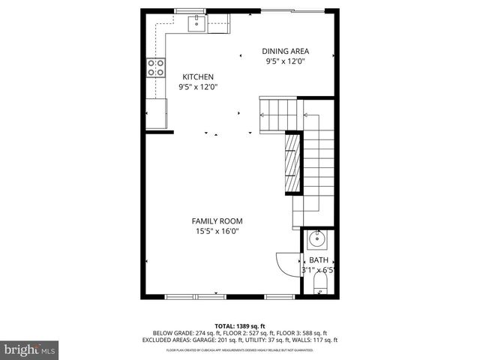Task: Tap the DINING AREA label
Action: [285, 51]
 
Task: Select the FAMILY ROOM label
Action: [217, 220]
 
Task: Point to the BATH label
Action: [319, 260]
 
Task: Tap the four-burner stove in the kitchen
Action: [155, 68]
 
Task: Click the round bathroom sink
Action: [316, 241]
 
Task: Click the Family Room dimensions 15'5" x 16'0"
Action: [217, 231]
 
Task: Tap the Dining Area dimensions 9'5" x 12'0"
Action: [285, 61]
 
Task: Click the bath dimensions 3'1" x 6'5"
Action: [318, 270]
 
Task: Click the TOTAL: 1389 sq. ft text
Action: [239, 326]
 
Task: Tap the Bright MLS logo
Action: [30, 349]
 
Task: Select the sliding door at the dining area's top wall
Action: [292, 10]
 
